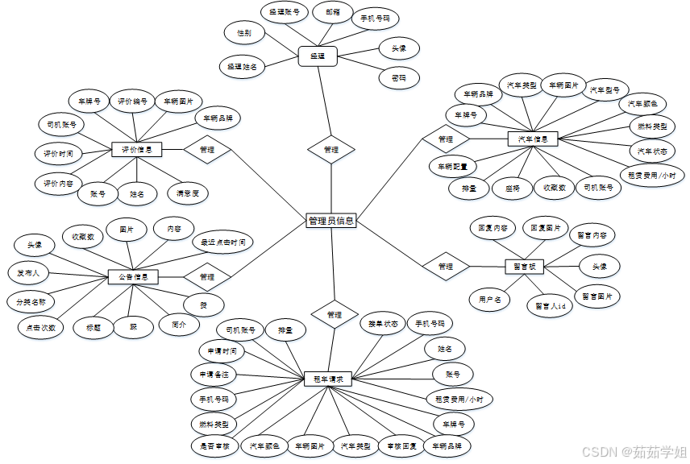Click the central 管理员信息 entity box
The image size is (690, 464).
click(x=331, y=220)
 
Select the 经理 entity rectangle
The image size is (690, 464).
click(x=318, y=56)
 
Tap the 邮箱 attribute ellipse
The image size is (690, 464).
click(x=332, y=12)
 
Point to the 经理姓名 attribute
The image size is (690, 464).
click(x=242, y=67)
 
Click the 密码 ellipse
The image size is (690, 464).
click(x=398, y=78)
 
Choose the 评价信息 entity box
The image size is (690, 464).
click(x=136, y=149)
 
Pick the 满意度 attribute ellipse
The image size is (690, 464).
click(x=188, y=193)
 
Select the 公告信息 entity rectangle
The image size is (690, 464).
click(x=133, y=276)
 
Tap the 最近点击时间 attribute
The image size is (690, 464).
click(x=222, y=241)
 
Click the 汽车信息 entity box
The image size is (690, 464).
click(x=533, y=139)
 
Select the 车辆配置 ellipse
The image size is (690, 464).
click(x=452, y=167)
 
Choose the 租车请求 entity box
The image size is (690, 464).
click(x=328, y=378)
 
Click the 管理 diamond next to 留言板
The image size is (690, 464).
click(x=445, y=266)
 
